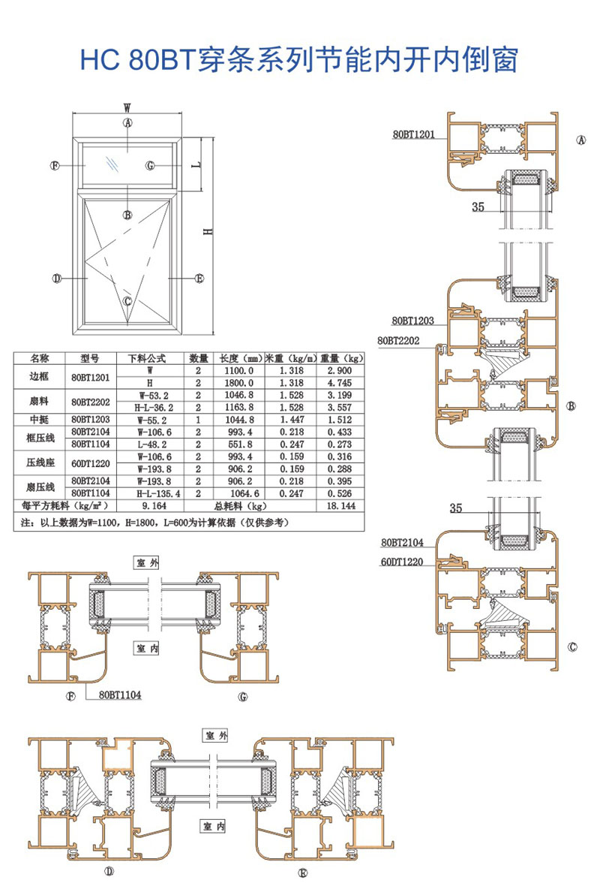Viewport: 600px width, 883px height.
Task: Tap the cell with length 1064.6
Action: click(239, 493)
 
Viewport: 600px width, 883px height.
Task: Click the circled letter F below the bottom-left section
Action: click(73, 695)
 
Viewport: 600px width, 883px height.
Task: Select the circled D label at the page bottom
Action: click(109, 872)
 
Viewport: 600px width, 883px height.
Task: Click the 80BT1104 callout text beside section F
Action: click(120, 695)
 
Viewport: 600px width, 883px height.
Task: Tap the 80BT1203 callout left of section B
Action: click(402, 321)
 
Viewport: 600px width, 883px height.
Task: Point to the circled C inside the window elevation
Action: click(127, 301)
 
